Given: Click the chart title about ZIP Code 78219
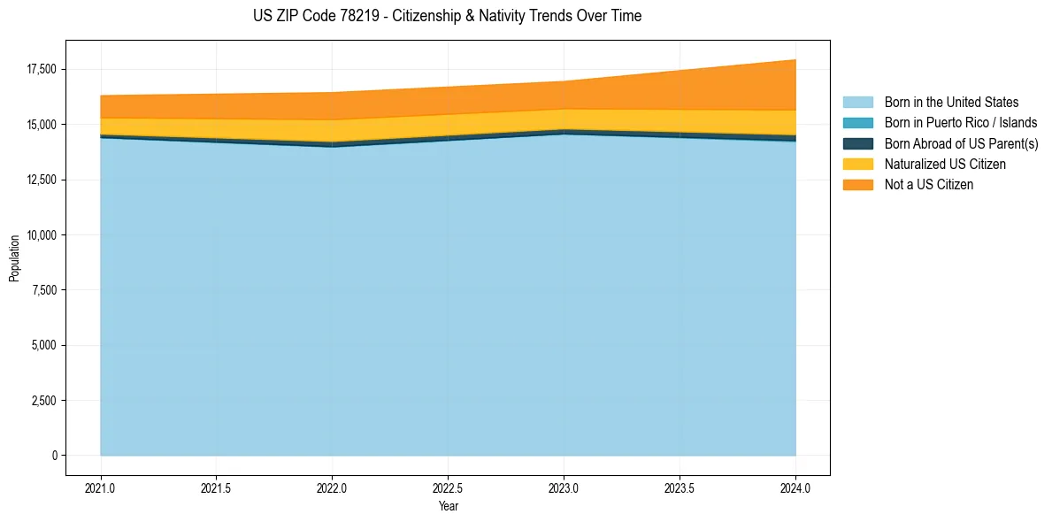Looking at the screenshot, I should [447, 16].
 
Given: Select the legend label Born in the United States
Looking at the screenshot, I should [951, 103].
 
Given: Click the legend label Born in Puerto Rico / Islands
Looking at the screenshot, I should [961, 123].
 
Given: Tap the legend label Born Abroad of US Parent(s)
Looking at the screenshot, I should [961, 143].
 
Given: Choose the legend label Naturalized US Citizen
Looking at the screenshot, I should [945, 164].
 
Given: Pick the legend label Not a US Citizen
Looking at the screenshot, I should [928, 184].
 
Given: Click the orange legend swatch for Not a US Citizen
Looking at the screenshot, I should [857, 184].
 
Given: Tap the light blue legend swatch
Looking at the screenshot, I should [857, 103].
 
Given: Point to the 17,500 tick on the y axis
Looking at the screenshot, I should [42, 70].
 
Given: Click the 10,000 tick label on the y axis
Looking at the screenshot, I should [42, 235].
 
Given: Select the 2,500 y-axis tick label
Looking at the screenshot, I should [44, 401].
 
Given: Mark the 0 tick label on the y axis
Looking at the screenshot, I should [53, 456].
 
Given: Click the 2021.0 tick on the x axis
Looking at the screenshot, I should [101, 487].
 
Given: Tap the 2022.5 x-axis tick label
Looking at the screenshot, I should [448, 487].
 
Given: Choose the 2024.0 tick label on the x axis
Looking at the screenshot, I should [795, 487].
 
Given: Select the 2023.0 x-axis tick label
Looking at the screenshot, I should [564, 487].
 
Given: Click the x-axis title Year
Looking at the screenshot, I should [448, 506].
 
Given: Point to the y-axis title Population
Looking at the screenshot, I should [14, 257].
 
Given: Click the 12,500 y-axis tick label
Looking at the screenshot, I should [42, 180].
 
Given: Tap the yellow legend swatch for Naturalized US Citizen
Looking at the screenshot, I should [857, 164].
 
